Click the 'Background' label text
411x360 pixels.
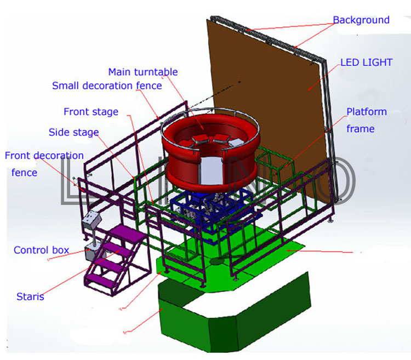(361, 20)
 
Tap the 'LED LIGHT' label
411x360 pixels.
(366, 62)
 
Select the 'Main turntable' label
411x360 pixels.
(143, 72)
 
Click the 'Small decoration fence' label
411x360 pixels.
(107, 85)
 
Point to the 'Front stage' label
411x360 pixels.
(91, 112)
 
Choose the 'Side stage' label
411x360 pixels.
(73, 132)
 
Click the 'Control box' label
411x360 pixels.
(42, 250)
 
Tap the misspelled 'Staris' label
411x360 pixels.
(30, 296)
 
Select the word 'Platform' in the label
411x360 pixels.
(367, 112)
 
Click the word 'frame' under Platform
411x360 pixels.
(360, 129)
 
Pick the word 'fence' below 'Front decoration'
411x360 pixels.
(24, 173)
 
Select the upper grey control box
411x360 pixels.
(92, 219)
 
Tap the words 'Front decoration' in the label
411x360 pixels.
(44, 156)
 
